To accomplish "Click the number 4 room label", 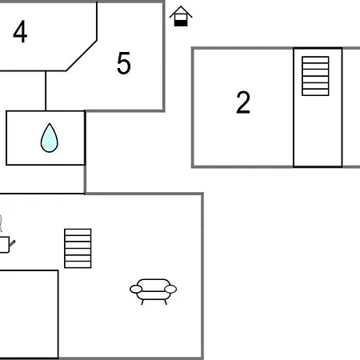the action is (x=20, y=31).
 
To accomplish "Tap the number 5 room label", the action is (x=124, y=63).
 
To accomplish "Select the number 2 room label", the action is (x=243, y=102).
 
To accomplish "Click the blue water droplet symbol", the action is (x=50, y=138).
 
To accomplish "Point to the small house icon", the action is (x=181, y=16).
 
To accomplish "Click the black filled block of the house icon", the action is (x=181, y=23).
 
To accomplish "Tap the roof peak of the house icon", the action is (x=181, y=6).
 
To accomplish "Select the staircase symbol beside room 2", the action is (x=315, y=76).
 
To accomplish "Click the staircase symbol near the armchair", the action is (x=78, y=248).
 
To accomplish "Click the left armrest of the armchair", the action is (x=136, y=289).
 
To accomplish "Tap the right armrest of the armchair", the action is (x=170, y=289).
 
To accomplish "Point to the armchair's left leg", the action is (x=142, y=302).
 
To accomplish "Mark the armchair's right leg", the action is (x=166, y=302).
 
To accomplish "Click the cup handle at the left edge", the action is (x=12, y=243).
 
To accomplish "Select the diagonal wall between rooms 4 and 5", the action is (x=82, y=55).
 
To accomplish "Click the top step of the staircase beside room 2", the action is (x=315, y=59).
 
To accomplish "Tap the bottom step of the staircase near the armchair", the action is (x=78, y=265).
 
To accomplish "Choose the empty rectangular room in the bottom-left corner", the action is (x=29, y=314).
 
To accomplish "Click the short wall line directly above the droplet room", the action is (x=46, y=91).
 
